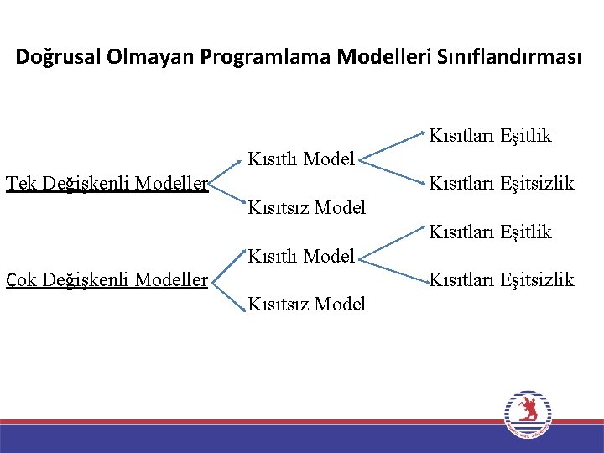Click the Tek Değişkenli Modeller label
pyautogui.click(x=107, y=183)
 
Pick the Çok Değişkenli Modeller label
pyautogui.click(x=107, y=279)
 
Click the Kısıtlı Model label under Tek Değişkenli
pyautogui.click(x=301, y=158)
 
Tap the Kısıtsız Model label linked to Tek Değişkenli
pyautogui.click(x=307, y=206)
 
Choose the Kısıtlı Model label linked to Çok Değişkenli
pyautogui.click(x=301, y=255)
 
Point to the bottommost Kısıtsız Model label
pyautogui.click(x=307, y=304)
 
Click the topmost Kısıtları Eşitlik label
pyautogui.click(x=491, y=135)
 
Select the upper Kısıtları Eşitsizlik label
pyautogui.click(x=502, y=183)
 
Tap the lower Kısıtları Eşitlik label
pyautogui.click(x=491, y=232)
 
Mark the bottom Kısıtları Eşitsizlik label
pyautogui.click(x=502, y=279)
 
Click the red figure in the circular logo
pyautogui.click(x=528, y=409)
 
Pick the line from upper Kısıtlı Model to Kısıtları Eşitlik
pyautogui.click(x=393, y=143)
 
